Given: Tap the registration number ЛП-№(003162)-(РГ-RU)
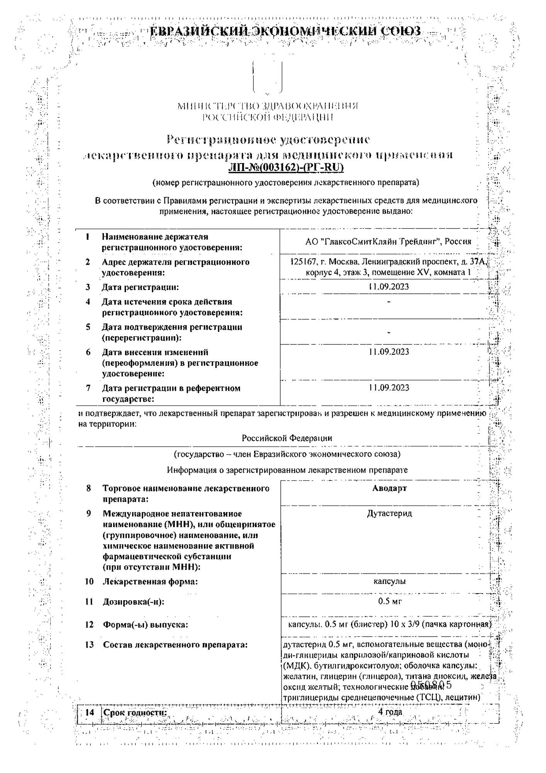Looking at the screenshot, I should (x=286, y=167).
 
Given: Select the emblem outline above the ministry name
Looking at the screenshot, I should (x=267, y=76).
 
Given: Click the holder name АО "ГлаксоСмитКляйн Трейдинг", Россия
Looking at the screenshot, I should (x=388, y=242).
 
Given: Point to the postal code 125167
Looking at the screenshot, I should (x=303, y=262).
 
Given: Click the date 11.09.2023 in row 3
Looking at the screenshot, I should (x=388, y=287).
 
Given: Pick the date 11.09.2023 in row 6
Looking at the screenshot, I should (x=388, y=352).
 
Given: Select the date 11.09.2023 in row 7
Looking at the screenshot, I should (x=388, y=388).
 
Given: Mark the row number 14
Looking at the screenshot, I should (x=90, y=712).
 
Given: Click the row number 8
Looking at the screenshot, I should (x=89, y=489).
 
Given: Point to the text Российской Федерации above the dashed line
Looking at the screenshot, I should (x=287, y=438).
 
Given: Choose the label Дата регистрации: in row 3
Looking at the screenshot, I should (x=141, y=287).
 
